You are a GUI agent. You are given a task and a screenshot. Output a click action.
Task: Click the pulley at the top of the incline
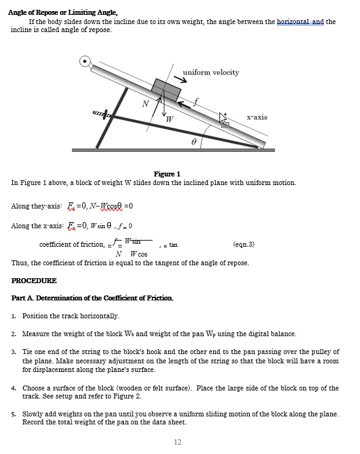click(85, 61)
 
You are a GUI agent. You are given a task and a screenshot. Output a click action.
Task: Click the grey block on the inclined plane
click(166, 90)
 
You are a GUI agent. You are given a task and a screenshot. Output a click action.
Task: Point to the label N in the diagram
click(145, 104)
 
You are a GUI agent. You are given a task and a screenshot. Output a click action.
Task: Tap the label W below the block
click(170, 118)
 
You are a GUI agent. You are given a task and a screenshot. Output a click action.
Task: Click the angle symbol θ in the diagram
click(193, 141)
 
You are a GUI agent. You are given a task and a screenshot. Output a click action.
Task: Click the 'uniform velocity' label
click(211, 73)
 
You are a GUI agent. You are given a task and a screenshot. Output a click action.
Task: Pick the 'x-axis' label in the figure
click(256, 117)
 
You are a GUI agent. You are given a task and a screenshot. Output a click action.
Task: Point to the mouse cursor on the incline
click(224, 120)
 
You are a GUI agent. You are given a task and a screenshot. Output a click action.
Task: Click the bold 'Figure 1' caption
click(166, 174)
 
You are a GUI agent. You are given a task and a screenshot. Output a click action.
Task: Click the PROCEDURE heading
click(34, 281)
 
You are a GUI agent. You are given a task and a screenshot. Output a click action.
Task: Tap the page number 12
click(178, 442)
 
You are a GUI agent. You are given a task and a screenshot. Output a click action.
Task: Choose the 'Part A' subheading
click(92, 298)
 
